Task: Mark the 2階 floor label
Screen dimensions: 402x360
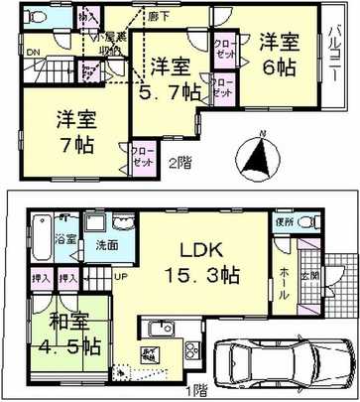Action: point(180,160)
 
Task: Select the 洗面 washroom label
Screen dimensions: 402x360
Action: point(104,244)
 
